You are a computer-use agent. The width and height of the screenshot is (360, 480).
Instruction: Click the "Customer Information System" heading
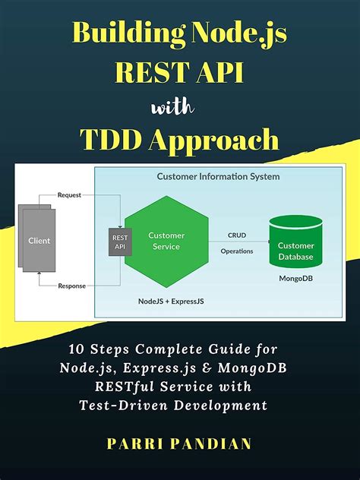coord(218,176)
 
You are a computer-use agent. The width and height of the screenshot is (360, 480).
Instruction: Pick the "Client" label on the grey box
coord(39,241)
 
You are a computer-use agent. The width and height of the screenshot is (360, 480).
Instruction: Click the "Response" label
coord(73,286)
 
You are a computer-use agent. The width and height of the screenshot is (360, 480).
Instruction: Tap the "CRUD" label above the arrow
coord(237,235)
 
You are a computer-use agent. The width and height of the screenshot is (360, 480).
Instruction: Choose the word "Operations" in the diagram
coord(237,251)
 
